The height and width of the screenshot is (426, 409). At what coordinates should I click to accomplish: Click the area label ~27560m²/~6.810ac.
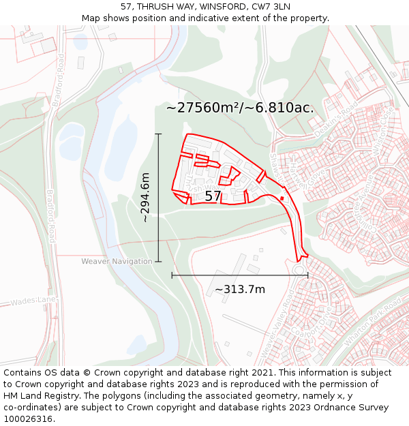[x=240, y=108]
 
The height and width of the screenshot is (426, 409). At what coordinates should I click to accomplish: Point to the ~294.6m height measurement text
[x=145, y=198]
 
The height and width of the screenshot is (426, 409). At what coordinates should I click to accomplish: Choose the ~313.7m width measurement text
[x=240, y=290]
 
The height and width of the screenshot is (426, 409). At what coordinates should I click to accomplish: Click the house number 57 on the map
[x=213, y=196]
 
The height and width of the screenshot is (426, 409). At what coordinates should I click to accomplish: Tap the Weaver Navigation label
[x=117, y=262]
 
